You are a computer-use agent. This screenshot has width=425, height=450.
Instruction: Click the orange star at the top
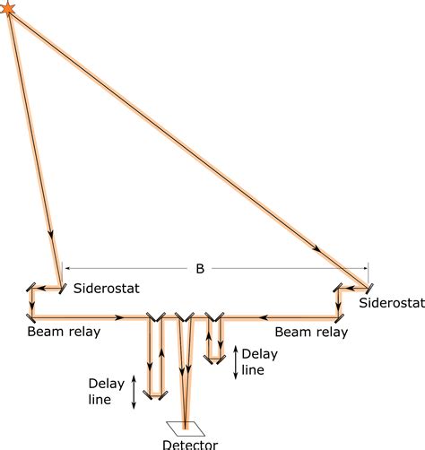point(9,8)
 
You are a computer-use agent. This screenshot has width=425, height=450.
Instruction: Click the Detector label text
point(189,443)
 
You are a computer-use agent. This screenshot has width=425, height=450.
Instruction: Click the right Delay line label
point(259,360)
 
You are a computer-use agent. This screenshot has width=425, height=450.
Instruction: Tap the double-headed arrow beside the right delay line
point(235,360)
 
